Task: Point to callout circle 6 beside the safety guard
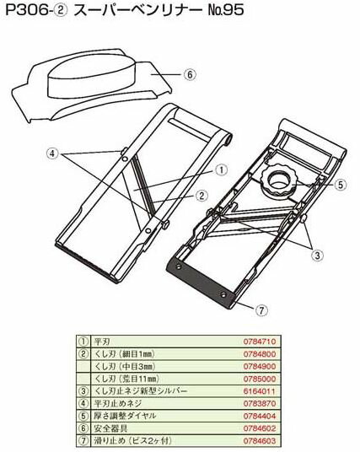(191, 74)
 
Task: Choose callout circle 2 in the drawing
(202, 194)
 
